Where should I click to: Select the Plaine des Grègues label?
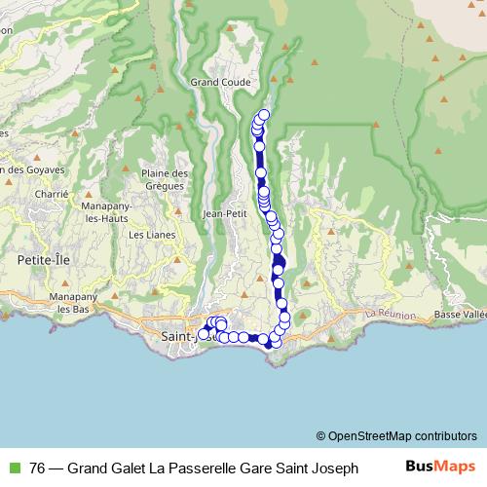click(163, 178)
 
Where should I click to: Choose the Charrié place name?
click(51, 193)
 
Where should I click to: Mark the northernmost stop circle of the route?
click(264, 115)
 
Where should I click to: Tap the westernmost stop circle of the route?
click(204, 334)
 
